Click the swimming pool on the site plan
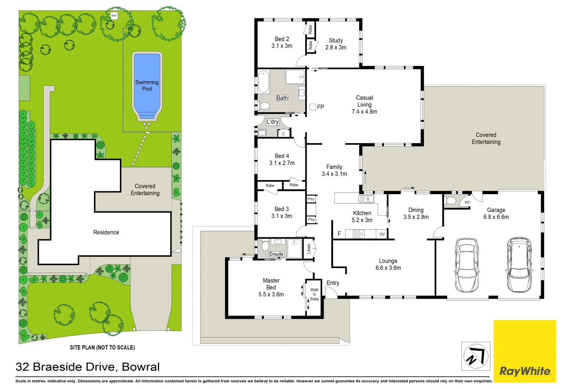(147, 85)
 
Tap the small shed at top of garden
(114, 15)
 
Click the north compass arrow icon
(476, 356)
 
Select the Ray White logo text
(525, 371)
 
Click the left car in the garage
(467, 265)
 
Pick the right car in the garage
(519, 265)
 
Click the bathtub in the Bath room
(264, 82)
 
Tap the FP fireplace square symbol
(313, 107)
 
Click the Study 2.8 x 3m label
(336, 44)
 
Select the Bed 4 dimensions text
(282, 163)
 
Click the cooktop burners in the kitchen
(359, 234)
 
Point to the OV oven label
(382, 234)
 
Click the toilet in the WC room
(450, 201)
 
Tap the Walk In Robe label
(314, 294)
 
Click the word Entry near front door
(333, 283)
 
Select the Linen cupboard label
(309, 249)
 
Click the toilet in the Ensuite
(265, 246)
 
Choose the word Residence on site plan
(106, 232)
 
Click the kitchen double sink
(366, 199)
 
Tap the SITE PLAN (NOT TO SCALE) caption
(102, 348)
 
